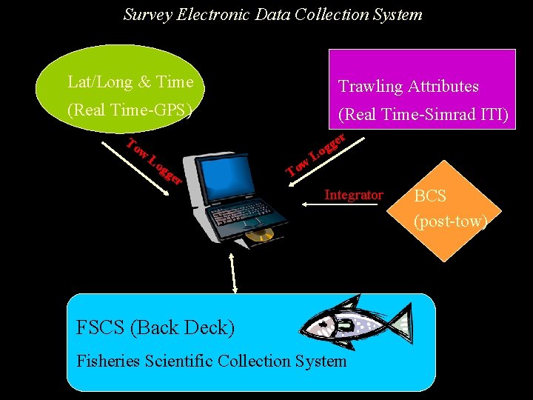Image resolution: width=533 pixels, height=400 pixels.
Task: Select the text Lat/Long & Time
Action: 130,82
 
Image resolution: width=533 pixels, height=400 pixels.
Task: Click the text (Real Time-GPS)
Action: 130,111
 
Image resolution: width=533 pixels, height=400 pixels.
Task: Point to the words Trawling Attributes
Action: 408,87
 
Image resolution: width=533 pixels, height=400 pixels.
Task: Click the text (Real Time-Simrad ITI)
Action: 422,116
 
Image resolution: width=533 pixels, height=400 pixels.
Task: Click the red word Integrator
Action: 354,195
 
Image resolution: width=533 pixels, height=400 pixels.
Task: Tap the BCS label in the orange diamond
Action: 430,196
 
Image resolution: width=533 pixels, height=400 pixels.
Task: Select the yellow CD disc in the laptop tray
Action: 260,236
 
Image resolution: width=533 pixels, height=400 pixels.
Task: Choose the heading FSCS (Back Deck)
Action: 155,327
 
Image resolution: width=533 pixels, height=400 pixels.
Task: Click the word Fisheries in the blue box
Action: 107,361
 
